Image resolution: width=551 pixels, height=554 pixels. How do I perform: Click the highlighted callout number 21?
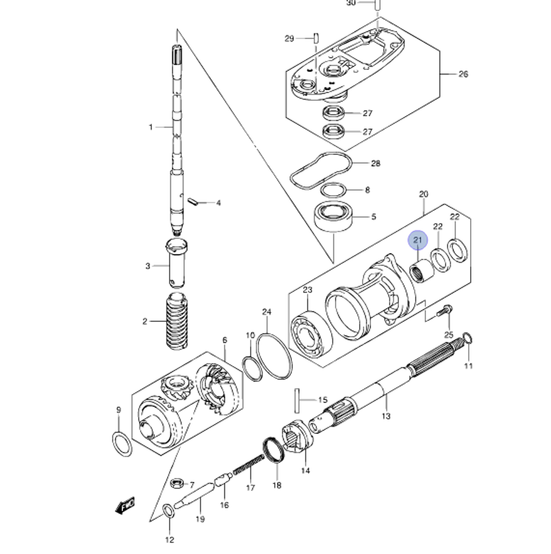[x=417, y=240]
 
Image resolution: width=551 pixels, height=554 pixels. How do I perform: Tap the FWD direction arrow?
[x=126, y=504]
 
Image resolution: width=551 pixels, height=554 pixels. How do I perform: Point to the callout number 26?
[x=463, y=74]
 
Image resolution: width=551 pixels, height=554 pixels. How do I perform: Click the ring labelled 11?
[x=467, y=337]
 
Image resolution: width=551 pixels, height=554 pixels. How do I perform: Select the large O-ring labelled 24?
[x=273, y=356]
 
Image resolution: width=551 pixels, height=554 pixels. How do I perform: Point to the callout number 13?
[x=386, y=416]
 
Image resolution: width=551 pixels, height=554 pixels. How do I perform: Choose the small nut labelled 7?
[x=177, y=484]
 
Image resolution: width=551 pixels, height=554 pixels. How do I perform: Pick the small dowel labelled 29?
[x=316, y=38]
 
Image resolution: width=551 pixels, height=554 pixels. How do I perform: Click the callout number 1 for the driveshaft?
[x=150, y=127]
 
